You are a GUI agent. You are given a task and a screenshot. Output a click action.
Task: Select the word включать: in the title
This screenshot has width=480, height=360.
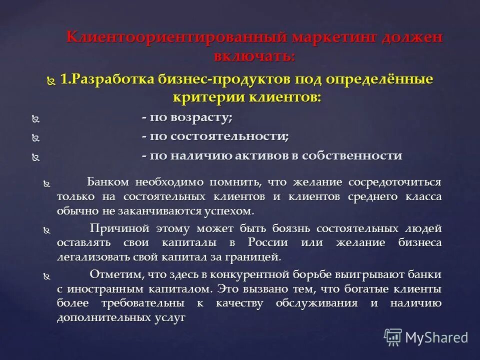[254, 56]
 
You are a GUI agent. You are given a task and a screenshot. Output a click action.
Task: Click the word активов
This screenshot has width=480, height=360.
[263, 155]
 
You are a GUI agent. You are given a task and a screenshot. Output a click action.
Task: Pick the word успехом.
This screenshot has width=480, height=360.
[229, 210]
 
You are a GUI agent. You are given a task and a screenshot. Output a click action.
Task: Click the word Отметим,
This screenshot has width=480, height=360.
[114, 274]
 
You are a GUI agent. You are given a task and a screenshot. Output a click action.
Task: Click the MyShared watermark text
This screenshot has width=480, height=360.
[436, 337]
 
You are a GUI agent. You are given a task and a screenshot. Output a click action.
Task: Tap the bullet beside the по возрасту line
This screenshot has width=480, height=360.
[35, 119]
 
